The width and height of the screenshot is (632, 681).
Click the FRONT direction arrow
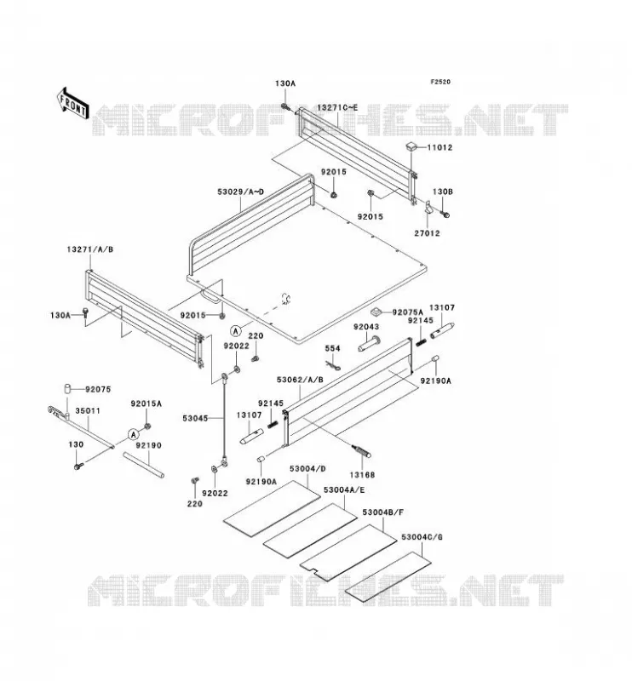click(72, 103)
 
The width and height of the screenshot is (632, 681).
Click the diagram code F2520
click(440, 82)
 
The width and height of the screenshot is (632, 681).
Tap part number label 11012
click(440, 147)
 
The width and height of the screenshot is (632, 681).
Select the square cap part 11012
click(411, 146)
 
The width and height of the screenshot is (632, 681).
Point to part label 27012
click(427, 233)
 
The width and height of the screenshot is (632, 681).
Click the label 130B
click(443, 192)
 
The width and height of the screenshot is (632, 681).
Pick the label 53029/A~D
click(240, 192)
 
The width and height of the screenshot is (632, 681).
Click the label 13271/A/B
click(90, 249)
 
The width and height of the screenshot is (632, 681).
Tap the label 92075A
click(407, 312)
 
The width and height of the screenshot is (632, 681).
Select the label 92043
click(366, 327)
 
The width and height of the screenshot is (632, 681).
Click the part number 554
click(332, 348)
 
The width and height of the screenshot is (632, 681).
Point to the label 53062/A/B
click(300, 380)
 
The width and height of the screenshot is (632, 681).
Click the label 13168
click(362, 475)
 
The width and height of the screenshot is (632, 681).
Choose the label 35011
click(88, 411)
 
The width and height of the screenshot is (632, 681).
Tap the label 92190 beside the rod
click(148, 445)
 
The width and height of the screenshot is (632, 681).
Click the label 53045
click(195, 418)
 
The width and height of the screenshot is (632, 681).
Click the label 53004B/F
click(383, 512)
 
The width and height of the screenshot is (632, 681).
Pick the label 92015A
click(146, 403)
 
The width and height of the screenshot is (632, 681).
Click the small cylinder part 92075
click(68, 388)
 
